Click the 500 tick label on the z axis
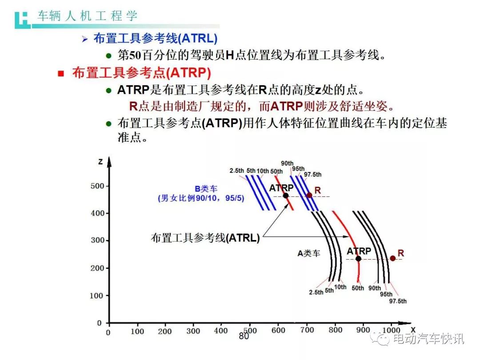pos(97,186)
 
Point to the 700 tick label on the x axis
pos(307,330)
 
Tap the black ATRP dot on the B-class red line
pos(286,196)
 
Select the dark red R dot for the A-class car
pos(393,259)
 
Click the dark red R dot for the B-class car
pos(309,195)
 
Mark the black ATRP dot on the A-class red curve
pos(358,259)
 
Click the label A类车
pos(309,253)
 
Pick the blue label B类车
pos(206,189)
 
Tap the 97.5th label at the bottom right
pos(398,301)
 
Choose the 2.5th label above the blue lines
pos(236,171)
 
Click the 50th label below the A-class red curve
pos(357,288)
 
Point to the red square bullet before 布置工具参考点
pos(61,73)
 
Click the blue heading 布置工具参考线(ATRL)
pos(156,39)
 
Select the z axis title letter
pos(100,162)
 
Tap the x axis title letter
pos(413,330)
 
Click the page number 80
pos(244,336)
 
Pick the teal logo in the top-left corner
pos(22,20)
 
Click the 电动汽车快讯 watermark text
pos(428,339)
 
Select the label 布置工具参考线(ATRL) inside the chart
pos(205,237)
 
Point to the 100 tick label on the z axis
pos(96,296)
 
